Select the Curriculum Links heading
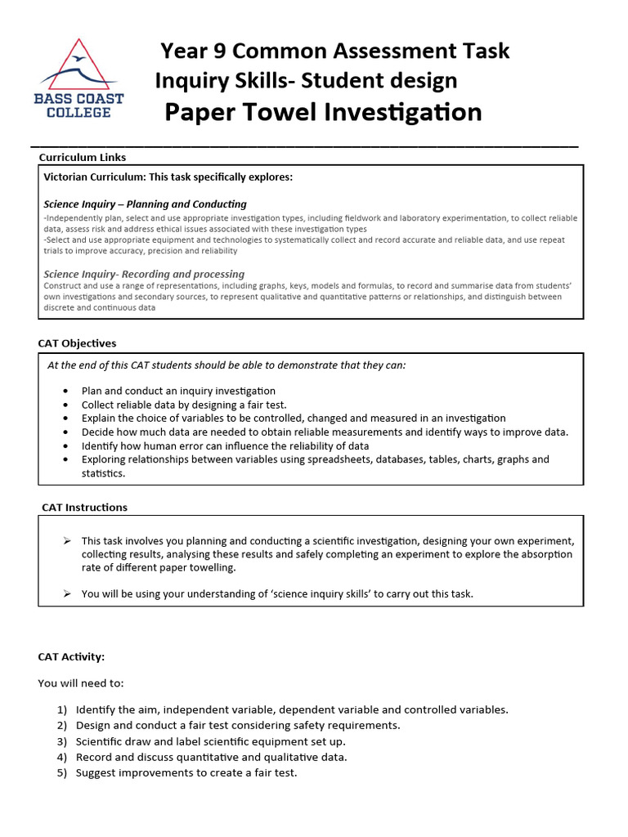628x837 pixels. [83, 158]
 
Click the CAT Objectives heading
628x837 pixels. [77, 343]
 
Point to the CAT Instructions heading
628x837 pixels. [84, 508]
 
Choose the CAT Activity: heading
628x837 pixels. [71, 656]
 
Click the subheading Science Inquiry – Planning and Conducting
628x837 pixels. [145, 204]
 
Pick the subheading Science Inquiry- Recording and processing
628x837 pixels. [144, 274]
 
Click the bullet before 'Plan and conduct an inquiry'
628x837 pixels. [65, 392]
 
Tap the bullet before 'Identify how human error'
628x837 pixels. [65, 446]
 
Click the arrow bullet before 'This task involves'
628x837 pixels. [67, 541]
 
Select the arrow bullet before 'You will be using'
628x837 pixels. [67, 594]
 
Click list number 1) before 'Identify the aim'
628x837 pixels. [61, 709]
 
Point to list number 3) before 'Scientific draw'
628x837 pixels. [61, 741]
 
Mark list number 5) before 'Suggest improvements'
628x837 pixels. [61, 772]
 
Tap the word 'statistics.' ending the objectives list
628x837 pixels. [103, 473]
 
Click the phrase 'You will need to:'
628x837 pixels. [81, 683]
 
